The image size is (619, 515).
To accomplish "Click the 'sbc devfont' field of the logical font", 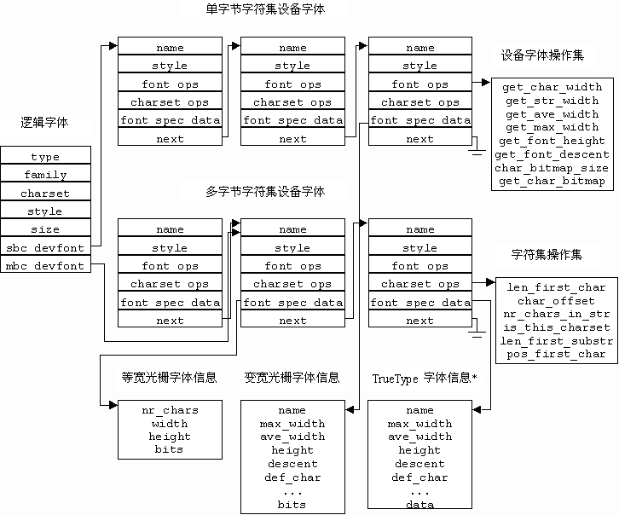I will point(45,248).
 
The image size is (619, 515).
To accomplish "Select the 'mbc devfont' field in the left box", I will point(45,266).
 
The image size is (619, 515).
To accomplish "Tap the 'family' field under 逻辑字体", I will point(45,175).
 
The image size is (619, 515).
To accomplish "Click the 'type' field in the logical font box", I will point(45,157).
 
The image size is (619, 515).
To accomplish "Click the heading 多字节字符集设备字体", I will point(265,192).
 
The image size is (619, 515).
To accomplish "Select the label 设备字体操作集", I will point(542,56).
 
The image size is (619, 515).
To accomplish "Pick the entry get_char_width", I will point(553,87).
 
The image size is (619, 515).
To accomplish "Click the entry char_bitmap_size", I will point(552,168).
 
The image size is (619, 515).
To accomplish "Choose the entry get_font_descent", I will point(552,154).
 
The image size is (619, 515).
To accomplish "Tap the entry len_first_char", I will point(556,287).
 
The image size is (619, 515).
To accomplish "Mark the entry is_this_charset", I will point(556,327).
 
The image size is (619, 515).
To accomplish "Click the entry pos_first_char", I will point(556,354).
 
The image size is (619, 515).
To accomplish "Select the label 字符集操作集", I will point(547,256).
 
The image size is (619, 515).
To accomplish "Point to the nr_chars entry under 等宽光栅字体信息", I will point(169,410).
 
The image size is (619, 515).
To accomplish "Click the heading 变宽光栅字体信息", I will point(292,377).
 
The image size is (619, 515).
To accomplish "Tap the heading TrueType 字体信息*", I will point(424,377).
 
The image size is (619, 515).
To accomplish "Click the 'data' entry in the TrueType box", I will point(419,505).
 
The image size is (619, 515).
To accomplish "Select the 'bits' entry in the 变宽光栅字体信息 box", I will point(292,505).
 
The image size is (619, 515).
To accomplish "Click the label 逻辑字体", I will point(44,123).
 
